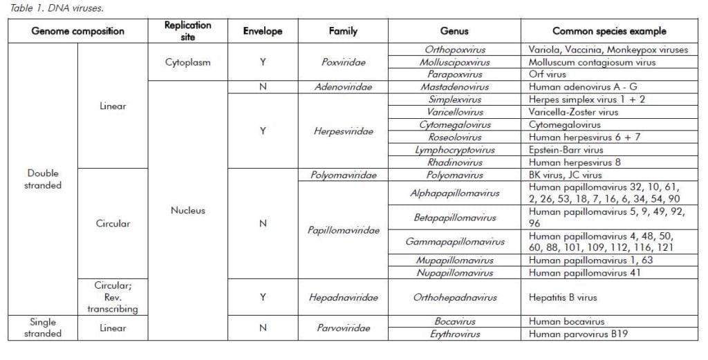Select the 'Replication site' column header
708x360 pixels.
pyautogui.click(x=187, y=30)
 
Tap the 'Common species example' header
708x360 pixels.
pyautogui.click(x=609, y=31)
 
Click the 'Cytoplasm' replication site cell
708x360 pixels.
pyautogui.click(x=187, y=62)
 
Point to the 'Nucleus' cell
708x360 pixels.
pyautogui.click(x=187, y=210)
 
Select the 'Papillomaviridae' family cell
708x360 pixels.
pyautogui.click(x=344, y=230)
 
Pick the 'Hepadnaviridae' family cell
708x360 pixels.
pyautogui.click(x=344, y=297)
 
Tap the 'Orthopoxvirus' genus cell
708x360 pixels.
pyautogui.click(x=454, y=50)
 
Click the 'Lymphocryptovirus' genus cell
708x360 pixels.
pyautogui.click(x=454, y=149)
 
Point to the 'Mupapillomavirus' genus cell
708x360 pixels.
pyautogui.click(x=454, y=260)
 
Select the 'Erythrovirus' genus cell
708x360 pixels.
pyautogui.click(x=454, y=334)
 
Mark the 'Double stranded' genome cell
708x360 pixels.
pyautogui.click(x=43, y=180)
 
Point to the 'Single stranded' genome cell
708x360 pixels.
pyautogui.click(x=43, y=328)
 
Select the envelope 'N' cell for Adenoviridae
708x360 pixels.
pyautogui.click(x=263, y=87)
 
